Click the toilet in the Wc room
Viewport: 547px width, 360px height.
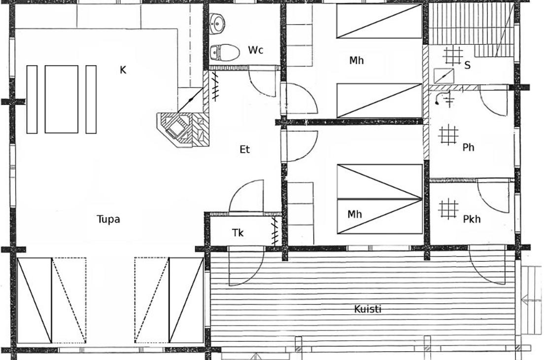tap(225, 53)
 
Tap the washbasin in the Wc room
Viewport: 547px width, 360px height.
tap(217, 24)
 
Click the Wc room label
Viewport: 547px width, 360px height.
tap(255, 50)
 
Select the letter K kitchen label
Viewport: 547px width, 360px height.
tap(123, 70)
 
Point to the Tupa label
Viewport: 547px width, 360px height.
tap(108, 219)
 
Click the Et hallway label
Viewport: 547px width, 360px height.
tap(244, 149)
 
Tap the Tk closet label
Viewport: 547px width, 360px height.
tap(238, 233)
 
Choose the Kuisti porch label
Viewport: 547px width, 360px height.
tap(368, 309)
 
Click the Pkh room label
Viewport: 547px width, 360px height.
tap(472, 219)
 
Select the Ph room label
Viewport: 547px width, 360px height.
tap(468, 147)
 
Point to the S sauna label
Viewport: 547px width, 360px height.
tap(468, 65)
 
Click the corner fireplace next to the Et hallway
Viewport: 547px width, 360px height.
tap(183, 130)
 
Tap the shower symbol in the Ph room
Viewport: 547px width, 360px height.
tap(444, 99)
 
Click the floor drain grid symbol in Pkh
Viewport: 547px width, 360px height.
tap(448, 209)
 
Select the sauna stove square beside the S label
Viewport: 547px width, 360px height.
tap(444, 76)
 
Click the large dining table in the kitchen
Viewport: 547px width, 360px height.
tap(62, 99)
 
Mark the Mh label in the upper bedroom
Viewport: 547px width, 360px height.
tap(356, 60)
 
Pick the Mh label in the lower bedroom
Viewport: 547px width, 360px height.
tap(354, 214)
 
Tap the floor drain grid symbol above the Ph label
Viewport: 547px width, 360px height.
tap(448, 135)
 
